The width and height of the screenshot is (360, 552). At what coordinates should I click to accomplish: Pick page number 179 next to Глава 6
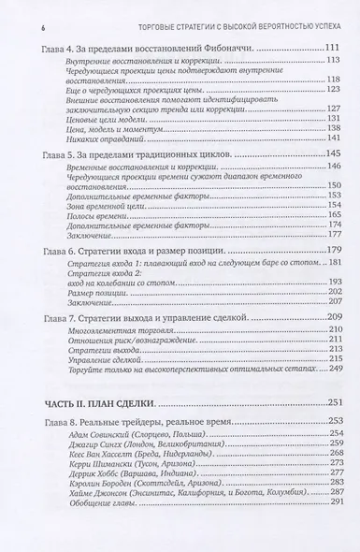point(331,251)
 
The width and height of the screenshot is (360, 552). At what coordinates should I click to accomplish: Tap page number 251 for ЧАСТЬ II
point(331,403)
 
